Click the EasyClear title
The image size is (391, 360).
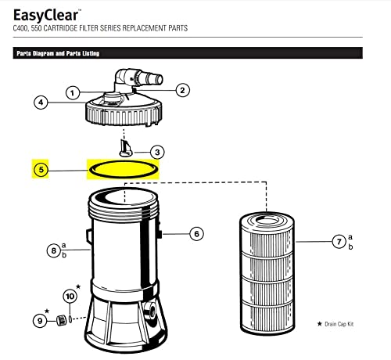point(46,15)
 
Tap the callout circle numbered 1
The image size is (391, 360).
point(73,93)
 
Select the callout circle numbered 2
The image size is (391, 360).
point(182,90)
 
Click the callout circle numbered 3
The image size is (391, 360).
point(157,152)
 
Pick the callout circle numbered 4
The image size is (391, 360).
point(41,103)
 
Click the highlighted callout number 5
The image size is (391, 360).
point(41,170)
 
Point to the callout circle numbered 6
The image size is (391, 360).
point(196,234)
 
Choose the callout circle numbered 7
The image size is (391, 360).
point(339,242)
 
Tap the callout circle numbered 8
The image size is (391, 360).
point(54,250)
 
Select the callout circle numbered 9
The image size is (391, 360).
point(40,320)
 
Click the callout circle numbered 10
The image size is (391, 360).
point(70,297)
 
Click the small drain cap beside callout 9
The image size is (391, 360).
point(61,320)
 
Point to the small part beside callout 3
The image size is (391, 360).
point(126,149)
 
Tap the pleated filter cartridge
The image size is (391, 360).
point(267,274)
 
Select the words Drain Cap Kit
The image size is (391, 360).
point(339,324)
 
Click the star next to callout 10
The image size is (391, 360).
point(78,286)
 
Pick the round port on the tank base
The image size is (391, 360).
point(150,310)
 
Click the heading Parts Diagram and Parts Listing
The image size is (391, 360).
point(58,53)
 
